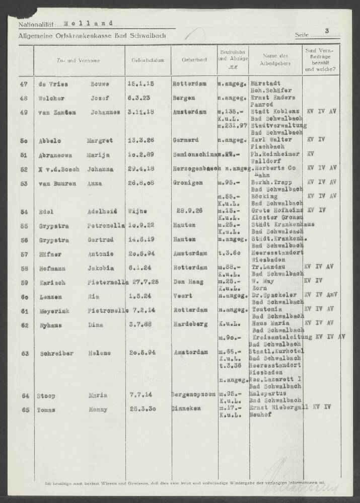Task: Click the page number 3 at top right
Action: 327,31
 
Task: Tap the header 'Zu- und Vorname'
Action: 79,60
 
